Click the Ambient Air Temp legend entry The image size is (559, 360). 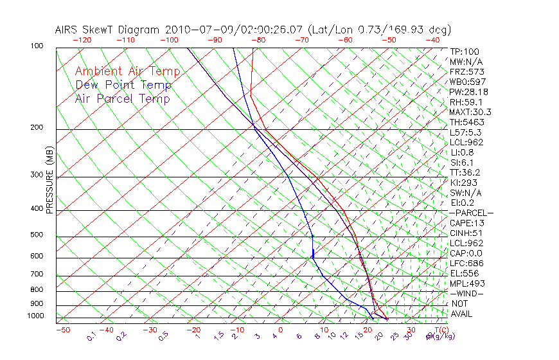(127, 71)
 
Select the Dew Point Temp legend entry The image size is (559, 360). (123, 85)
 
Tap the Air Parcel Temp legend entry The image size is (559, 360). (122, 98)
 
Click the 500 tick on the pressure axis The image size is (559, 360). (37, 235)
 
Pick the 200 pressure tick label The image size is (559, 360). (37, 128)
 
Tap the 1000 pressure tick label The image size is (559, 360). (35, 316)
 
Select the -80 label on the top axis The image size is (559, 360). (258, 40)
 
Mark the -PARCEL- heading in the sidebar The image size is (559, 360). (471, 213)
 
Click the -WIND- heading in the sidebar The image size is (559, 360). (466, 293)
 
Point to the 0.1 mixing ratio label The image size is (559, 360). (92, 336)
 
